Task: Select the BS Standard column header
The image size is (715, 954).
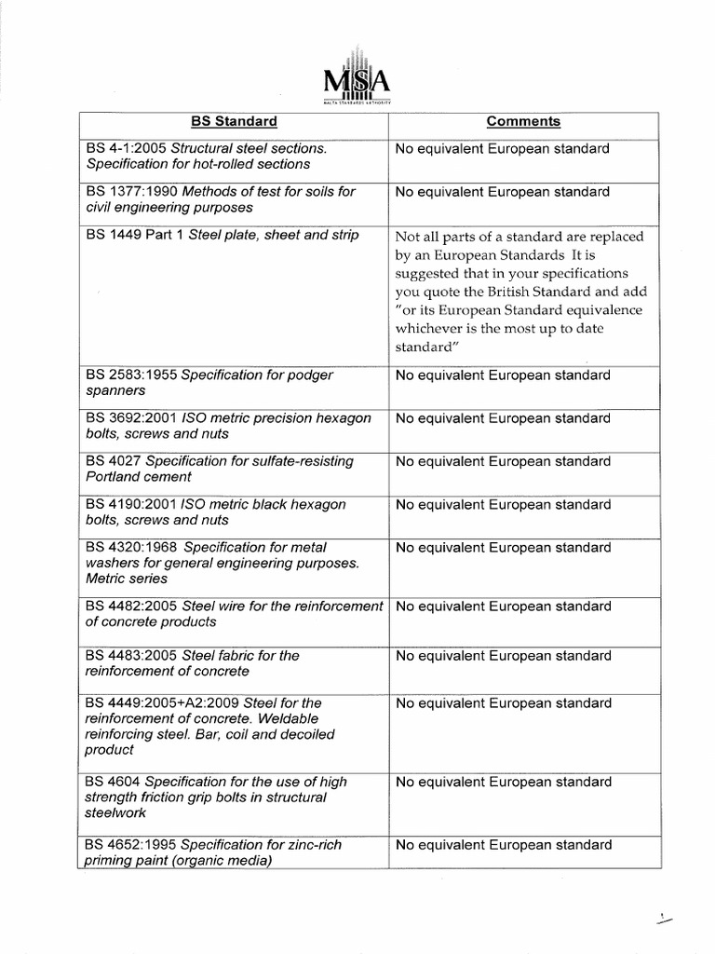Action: [234, 122]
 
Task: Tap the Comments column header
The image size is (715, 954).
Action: [523, 122]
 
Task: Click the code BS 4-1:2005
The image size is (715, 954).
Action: [127, 149]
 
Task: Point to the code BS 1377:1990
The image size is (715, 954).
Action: [131, 192]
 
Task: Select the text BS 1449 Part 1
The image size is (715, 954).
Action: [134, 235]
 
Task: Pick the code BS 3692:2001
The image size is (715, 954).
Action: [131, 418]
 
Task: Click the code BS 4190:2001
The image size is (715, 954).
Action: [131, 505]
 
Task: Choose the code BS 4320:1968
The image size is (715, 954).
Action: [131, 548]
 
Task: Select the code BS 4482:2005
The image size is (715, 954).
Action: [131, 606]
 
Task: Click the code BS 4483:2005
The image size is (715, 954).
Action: [131, 656]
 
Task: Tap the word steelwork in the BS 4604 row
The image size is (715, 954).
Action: [115, 812]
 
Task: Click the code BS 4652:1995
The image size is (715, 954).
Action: [131, 845]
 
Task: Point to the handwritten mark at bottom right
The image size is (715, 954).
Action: [664, 920]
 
